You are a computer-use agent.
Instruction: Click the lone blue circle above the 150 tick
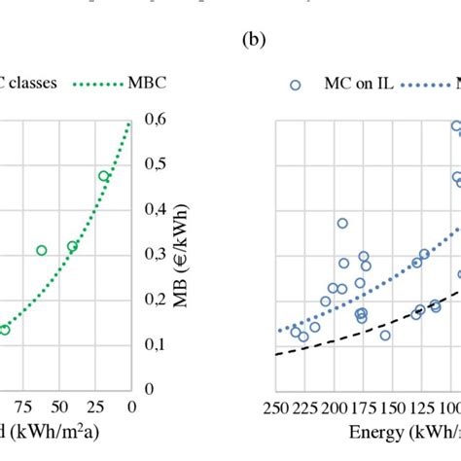385,336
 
